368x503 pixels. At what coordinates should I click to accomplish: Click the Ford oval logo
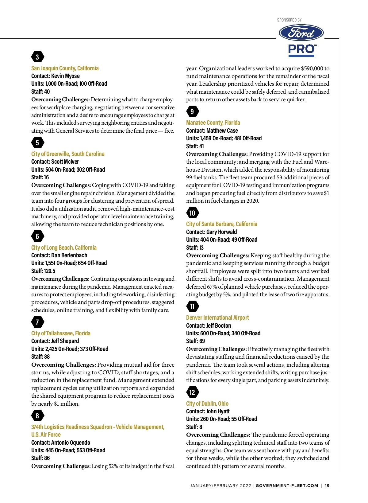301,33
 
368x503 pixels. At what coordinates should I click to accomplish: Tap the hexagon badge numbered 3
37,57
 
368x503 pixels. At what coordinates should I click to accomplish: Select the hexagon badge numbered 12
192,392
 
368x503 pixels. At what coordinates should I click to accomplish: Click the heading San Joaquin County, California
65,68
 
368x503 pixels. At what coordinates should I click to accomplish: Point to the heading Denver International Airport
217,318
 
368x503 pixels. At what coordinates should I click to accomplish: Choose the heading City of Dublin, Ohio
207,404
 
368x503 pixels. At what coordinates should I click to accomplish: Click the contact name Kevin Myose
65,76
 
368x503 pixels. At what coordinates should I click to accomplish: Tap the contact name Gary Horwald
221,232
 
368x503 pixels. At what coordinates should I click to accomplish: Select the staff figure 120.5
50,271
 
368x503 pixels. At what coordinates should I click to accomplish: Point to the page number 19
327,485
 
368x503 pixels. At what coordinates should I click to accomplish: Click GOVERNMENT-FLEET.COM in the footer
287,485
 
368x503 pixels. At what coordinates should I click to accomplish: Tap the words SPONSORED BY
289,20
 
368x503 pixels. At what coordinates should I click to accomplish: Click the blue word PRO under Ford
301,49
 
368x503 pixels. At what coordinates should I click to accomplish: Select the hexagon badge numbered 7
37,322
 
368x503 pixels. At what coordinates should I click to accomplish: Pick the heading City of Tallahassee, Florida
61,333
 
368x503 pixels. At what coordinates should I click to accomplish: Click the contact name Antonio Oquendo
71,443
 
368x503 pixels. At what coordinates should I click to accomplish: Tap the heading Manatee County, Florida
213,123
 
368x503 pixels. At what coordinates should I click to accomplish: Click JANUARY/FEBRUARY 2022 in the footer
220,485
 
